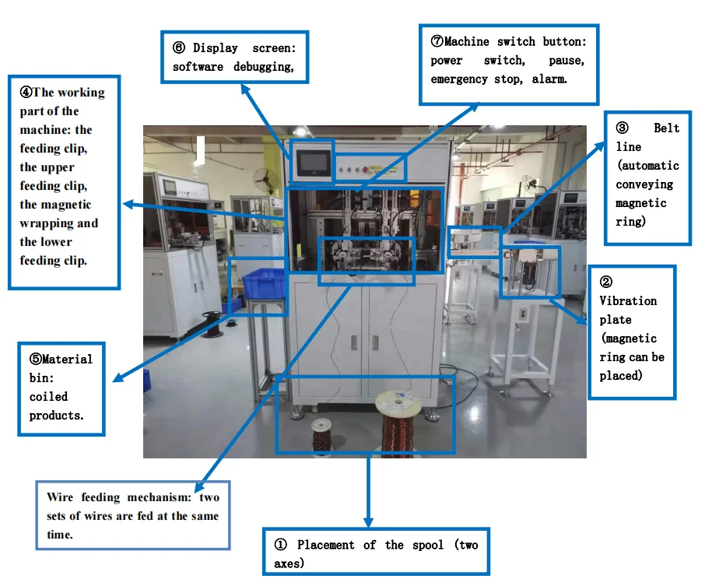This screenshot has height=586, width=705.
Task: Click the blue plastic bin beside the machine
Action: [x=264, y=283]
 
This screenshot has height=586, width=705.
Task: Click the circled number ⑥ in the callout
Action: [x=179, y=48]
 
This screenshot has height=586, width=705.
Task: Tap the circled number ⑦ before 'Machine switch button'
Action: [x=437, y=41]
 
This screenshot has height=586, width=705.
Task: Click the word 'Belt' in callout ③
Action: [x=666, y=128]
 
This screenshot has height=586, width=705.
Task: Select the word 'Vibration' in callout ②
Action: [x=627, y=301]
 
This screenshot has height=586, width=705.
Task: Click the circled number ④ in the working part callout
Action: [x=26, y=93]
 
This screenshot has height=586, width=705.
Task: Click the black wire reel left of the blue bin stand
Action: [x=211, y=324]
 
